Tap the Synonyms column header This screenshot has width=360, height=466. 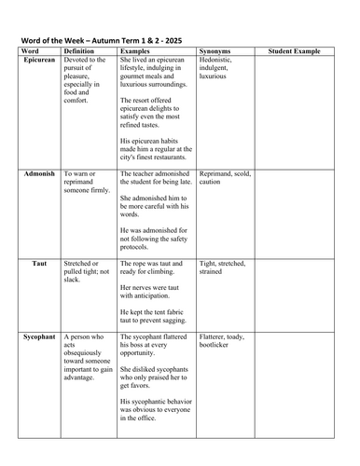(x=215, y=50)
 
